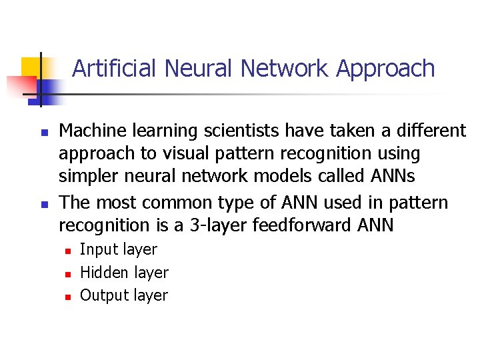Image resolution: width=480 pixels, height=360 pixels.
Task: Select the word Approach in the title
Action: click(386, 68)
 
